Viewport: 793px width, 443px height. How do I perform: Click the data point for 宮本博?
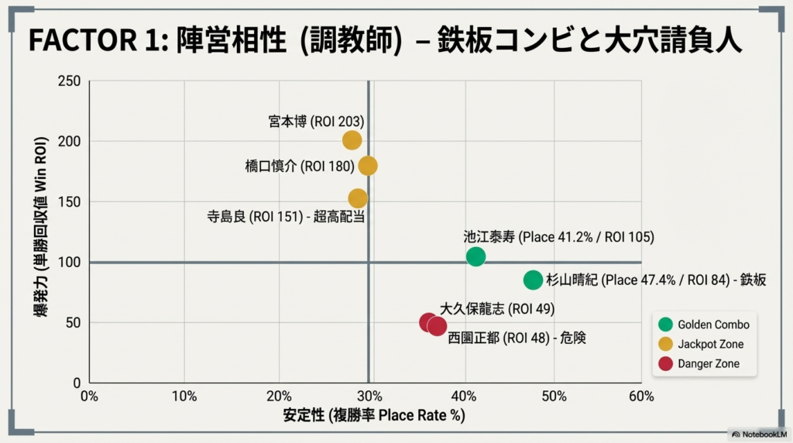click(352, 140)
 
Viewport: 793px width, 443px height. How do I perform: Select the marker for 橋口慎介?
click(368, 166)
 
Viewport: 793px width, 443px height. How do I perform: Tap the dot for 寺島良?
click(358, 198)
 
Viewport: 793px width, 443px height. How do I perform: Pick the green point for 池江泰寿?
click(476, 256)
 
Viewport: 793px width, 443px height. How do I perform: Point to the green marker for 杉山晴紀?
click(533, 280)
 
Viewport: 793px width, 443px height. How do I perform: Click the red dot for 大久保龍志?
click(428, 322)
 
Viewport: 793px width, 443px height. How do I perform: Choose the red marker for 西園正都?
click(438, 327)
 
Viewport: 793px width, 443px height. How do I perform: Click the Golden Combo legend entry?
click(705, 325)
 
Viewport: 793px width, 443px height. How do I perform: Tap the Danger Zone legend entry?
click(700, 363)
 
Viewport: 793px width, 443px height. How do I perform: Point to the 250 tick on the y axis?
click(70, 81)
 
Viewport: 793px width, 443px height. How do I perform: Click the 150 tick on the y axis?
click(70, 202)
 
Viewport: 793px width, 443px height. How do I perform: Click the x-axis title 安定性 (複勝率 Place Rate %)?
click(374, 416)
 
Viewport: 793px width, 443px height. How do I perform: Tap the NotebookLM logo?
click(758, 434)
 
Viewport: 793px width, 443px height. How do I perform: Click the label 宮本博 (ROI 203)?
click(316, 122)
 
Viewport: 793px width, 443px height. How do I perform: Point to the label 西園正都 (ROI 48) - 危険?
click(517, 338)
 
